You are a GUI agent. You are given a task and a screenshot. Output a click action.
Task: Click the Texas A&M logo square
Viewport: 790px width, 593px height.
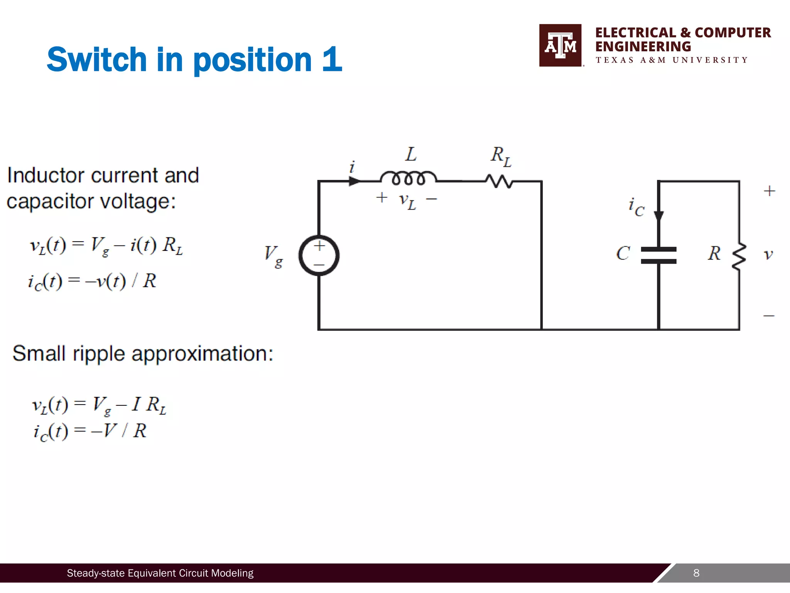coord(560,45)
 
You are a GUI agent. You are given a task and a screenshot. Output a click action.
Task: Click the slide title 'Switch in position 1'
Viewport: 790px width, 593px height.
coord(194,59)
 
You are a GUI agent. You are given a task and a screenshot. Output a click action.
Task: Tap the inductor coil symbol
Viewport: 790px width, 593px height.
coord(408,178)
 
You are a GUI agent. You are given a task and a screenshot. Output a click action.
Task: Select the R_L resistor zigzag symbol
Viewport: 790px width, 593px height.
coord(499,181)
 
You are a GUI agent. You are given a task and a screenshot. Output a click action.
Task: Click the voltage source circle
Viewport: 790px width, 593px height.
coord(319,255)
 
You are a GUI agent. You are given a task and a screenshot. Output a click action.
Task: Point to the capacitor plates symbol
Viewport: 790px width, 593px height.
coord(658,255)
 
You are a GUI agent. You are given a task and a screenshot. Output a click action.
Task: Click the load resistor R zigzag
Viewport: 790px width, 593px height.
coord(739,257)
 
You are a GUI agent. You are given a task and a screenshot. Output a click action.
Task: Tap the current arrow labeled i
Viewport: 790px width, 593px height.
coord(354,181)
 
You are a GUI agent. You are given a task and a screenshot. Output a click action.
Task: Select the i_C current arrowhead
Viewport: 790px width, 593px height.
coord(659,217)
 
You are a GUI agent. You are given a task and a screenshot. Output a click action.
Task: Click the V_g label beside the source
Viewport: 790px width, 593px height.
coord(273,256)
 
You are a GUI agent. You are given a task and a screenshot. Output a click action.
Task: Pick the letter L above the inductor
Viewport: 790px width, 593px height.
coord(411,154)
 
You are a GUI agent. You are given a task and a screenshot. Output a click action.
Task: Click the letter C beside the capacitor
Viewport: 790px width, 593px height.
coord(623,254)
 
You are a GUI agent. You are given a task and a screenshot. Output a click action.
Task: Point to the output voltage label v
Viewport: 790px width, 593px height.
coord(768,254)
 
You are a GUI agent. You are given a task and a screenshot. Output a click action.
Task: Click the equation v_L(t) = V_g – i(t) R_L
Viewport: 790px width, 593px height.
coord(106,246)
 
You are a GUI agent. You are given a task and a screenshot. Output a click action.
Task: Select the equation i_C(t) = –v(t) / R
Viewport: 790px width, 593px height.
coord(92,281)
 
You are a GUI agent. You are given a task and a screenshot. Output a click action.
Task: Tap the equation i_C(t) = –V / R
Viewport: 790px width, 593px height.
coord(90,431)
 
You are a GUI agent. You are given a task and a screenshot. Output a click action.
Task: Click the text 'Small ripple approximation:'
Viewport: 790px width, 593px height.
coord(143,353)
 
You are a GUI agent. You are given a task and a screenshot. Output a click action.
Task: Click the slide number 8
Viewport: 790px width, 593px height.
coord(696,573)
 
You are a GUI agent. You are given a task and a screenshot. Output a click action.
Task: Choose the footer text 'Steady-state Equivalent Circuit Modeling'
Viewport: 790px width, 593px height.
coord(160,573)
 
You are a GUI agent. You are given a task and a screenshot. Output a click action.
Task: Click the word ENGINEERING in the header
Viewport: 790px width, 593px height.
coord(643,47)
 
